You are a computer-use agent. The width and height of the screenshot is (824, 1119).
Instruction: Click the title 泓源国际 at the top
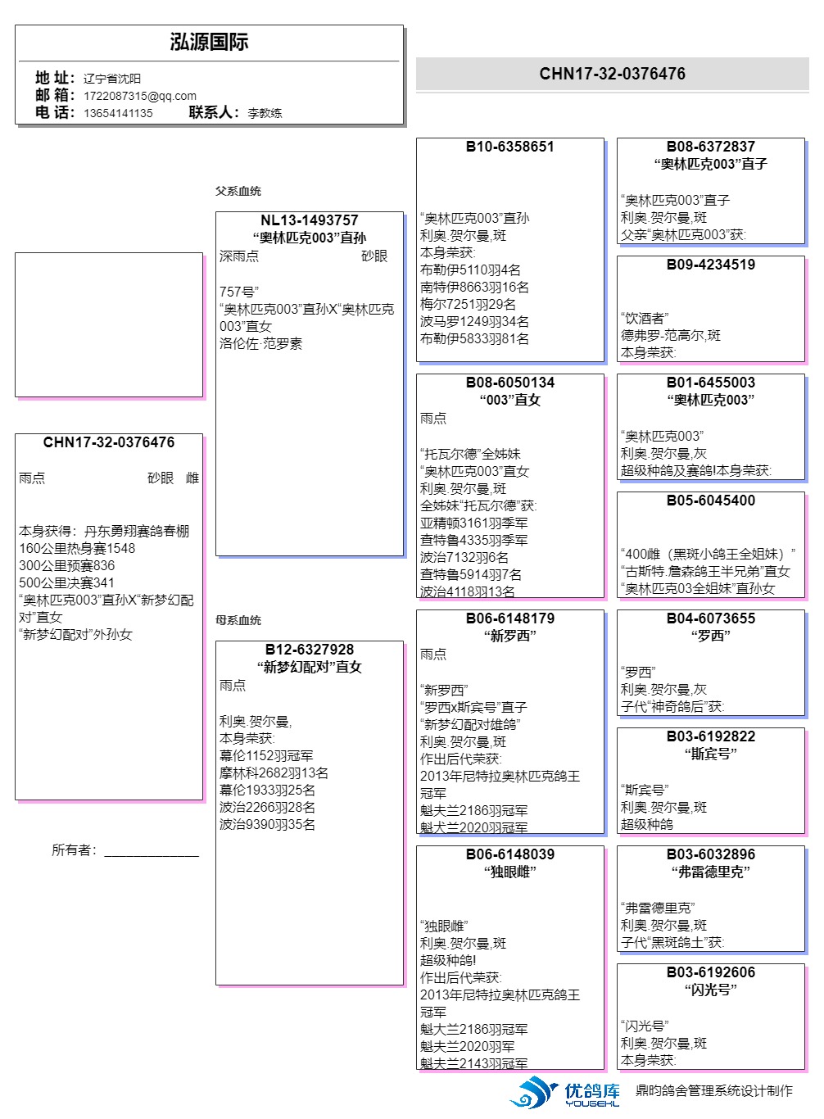point(209,42)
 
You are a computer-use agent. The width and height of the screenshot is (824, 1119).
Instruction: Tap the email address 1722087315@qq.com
point(140,96)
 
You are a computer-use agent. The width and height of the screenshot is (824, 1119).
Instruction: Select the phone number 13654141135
point(118,113)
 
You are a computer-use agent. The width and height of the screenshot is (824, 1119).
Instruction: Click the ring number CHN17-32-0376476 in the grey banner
point(612,74)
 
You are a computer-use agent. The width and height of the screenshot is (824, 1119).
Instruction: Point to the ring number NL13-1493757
point(309,220)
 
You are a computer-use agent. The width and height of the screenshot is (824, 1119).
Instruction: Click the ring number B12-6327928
point(309,650)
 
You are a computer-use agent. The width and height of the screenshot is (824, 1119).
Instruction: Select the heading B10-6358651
point(509,147)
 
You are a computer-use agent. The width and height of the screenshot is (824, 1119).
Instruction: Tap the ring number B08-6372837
point(710,147)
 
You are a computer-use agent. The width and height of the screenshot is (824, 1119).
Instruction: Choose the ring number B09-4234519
point(710,265)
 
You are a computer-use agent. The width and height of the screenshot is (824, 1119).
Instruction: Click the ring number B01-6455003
point(710,383)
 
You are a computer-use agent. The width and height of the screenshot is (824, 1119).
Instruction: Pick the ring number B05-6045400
point(710,501)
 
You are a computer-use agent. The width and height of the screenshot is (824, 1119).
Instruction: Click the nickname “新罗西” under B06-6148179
point(509,636)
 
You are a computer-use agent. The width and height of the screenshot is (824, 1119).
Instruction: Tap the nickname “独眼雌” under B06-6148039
point(509,872)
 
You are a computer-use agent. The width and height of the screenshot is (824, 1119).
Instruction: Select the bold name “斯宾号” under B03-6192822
point(710,754)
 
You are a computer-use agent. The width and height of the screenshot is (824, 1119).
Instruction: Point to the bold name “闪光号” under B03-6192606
point(710,990)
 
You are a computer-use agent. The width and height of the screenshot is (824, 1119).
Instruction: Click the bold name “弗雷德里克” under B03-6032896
point(710,872)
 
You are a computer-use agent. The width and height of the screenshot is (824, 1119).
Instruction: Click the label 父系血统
point(238,191)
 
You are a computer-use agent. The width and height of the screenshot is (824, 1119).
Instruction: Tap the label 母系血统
point(238,620)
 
